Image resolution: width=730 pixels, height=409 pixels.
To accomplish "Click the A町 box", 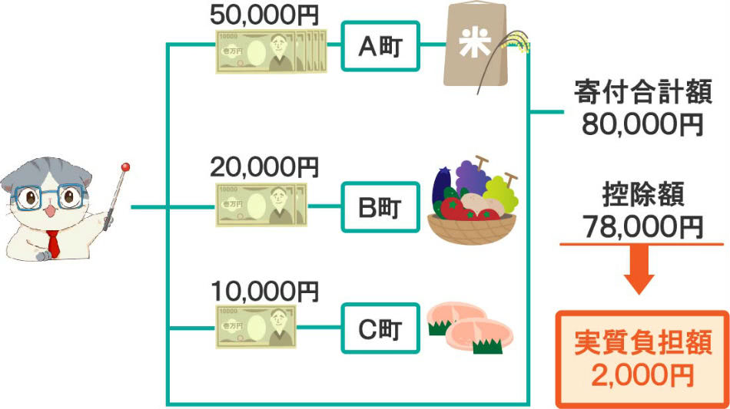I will pyautogui.click(x=380, y=48).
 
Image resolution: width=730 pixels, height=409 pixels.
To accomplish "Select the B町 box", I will pyautogui.click(x=380, y=207).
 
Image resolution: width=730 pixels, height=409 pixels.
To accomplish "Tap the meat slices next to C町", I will pyautogui.click(x=464, y=326).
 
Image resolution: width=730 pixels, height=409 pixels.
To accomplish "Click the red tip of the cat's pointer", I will pyautogui.click(x=126, y=166).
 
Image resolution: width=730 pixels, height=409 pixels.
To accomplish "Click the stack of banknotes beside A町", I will pyautogui.click(x=269, y=51).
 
